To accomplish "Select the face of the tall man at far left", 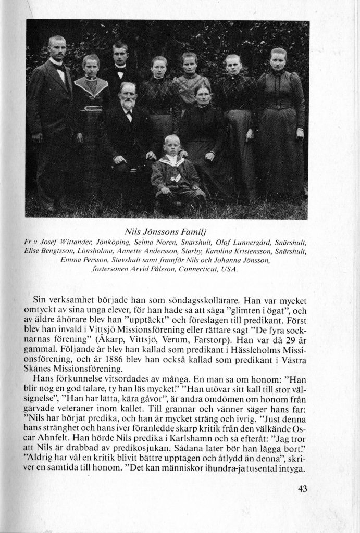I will pos(56,48).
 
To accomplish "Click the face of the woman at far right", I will pos(278,59).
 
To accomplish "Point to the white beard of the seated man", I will pos(128,104).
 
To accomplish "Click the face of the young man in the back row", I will pos(121,55).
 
